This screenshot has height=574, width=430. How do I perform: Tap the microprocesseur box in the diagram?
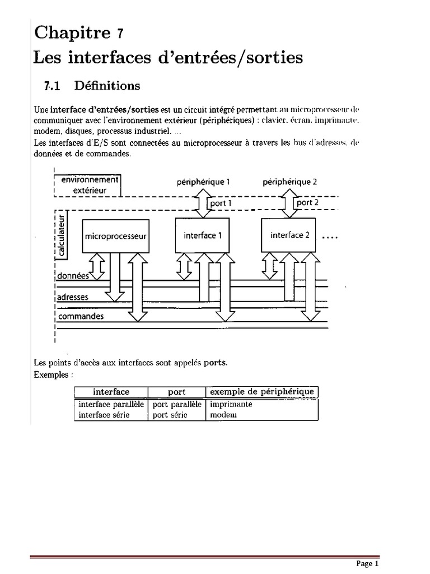pyautogui.click(x=115, y=236)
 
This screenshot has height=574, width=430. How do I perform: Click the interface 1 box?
pyautogui.click(x=202, y=235)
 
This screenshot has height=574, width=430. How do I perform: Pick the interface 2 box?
pyautogui.click(x=289, y=235)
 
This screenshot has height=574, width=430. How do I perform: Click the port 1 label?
pyautogui.click(x=219, y=203)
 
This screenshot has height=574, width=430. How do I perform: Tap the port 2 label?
pyautogui.click(x=307, y=202)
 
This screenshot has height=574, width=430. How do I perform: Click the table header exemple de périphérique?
pyautogui.click(x=261, y=391)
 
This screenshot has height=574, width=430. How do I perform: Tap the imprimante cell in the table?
pyautogui.click(x=231, y=404)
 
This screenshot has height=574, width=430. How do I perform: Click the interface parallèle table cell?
pyautogui.click(x=111, y=404)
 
